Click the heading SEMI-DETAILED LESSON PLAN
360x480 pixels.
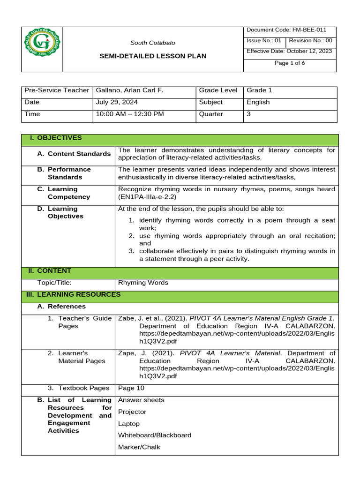[x=153, y=56]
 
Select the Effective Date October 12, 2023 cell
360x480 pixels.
[x=289, y=51]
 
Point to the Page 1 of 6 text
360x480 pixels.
[x=291, y=63]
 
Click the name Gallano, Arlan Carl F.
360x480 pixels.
[x=129, y=90]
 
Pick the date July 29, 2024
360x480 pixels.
[x=117, y=102]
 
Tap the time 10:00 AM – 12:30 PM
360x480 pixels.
[x=130, y=114]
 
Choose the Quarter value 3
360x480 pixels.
[x=249, y=114]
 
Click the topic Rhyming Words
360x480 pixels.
[x=143, y=283]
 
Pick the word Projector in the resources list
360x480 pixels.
[x=132, y=412]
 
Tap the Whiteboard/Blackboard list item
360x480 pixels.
[x=155, y=435]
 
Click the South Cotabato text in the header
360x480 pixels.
[x=153, y=43]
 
